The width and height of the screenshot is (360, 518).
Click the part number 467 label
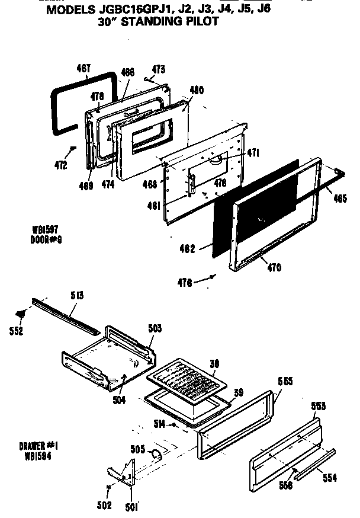83,68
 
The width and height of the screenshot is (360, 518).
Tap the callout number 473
158,71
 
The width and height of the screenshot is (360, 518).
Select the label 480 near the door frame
197,91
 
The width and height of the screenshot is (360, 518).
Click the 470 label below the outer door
273,267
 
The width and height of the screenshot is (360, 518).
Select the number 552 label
17,331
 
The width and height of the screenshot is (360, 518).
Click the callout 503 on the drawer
154,327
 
